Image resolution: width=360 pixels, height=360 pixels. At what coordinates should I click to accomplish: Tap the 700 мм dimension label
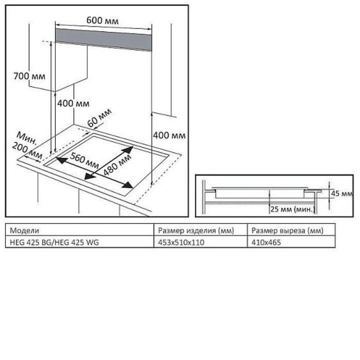click(x=29, y=76)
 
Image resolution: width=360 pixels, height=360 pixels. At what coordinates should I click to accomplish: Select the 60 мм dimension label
click(x=98, y=118)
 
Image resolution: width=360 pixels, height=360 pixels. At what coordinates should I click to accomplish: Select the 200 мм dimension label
click(x=27, y=151)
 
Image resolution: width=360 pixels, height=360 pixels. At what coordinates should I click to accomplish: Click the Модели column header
click(x=24, y=230)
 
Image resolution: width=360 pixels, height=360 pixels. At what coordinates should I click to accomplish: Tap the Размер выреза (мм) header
click(x=287, y=230)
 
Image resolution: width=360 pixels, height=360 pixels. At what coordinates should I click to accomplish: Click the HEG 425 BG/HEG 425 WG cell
click(x=55, y=242)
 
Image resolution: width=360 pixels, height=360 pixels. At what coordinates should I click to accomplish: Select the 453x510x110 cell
click(x=181, y=242)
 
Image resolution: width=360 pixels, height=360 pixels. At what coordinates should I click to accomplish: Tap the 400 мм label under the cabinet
click(x=73, y=103)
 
